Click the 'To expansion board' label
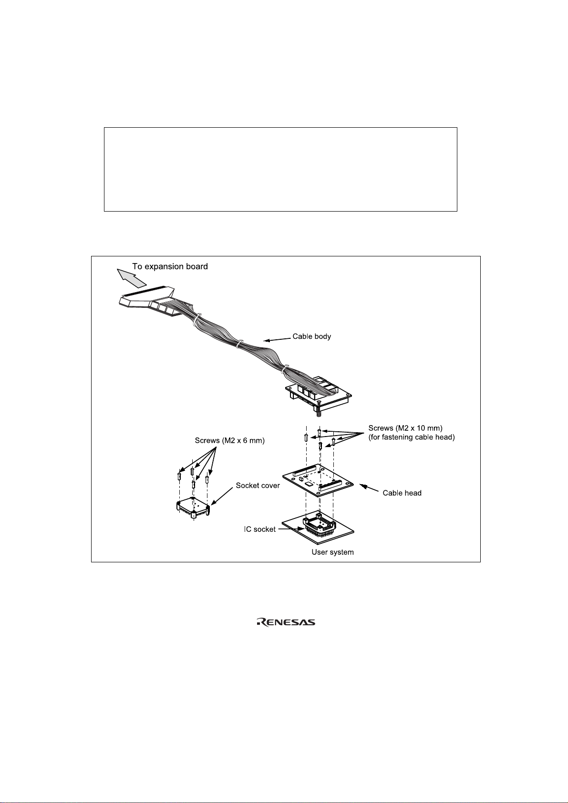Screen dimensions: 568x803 [x=170, y=266]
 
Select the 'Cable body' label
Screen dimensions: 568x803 [x=311, y=336]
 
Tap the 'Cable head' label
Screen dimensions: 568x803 [x=402, y=493]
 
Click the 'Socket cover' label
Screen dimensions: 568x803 [x=258, y=486]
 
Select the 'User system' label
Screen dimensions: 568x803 [x=332, y=552]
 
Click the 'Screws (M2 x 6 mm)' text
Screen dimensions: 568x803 [x=229, y=441]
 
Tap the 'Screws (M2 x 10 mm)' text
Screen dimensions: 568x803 [x=405, y=428]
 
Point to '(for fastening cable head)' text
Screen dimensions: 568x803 [x=411, y=437]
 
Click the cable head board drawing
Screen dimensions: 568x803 [x=318, y=480]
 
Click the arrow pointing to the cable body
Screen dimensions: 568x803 [x=277, y=339]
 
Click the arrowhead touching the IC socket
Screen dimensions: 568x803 [x=300, y=528]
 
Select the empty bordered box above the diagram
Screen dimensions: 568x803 [x=280, y=169]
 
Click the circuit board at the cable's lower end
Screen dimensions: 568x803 [x=320, y=393]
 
